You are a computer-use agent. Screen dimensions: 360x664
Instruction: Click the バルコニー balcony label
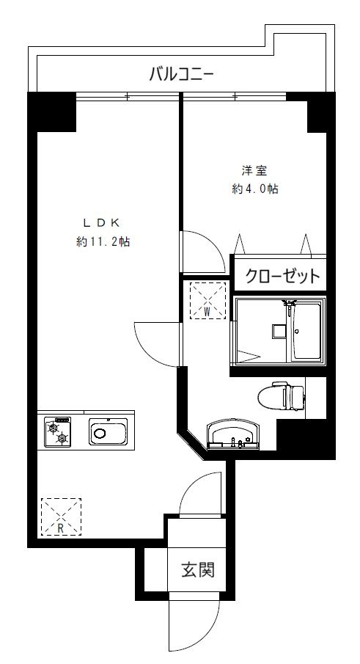point(181,75)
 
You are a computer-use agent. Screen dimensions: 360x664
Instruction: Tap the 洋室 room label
point(254,171)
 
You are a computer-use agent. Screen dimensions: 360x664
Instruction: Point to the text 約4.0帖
point(254,189)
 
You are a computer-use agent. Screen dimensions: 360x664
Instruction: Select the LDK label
point(102,222)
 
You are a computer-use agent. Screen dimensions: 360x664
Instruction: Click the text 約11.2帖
point(103,242)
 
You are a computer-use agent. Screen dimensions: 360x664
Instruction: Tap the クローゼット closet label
point(282,276)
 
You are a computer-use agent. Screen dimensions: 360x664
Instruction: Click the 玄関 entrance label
point(198,569)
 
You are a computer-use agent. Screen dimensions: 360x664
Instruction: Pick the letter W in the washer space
point(207,311)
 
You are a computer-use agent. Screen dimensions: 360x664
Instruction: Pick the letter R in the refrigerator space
point(61,528)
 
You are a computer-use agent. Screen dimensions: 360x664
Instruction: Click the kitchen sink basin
point(108,432)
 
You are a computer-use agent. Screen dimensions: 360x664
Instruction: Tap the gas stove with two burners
point(57,432)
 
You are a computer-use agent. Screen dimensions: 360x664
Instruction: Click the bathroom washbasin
point(232,435)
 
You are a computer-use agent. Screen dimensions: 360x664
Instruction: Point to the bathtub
point(307,331)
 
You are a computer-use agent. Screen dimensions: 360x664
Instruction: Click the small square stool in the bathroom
point(279,331)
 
